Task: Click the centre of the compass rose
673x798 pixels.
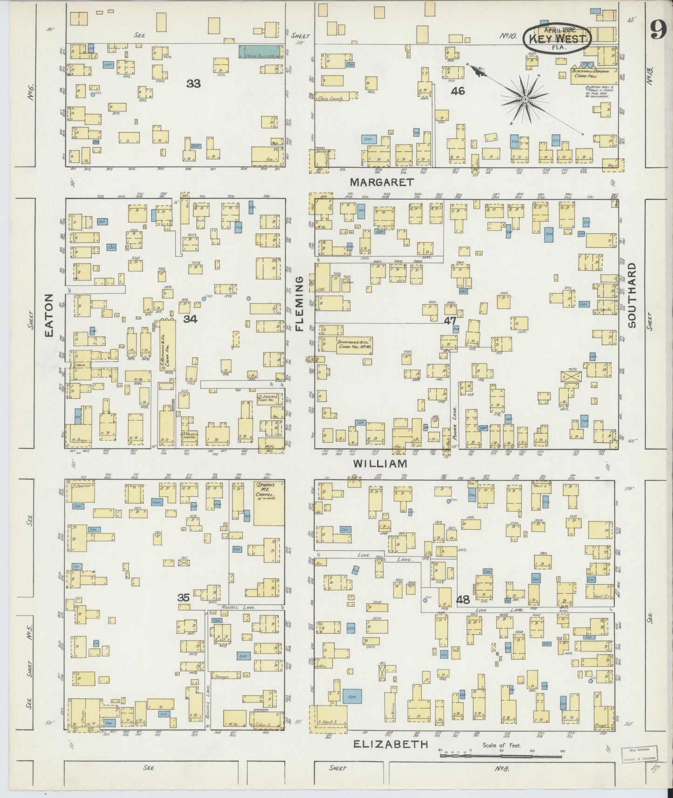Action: pos(525,99)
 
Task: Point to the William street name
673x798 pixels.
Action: pos(380,464)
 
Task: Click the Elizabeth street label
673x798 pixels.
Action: pos(390,744)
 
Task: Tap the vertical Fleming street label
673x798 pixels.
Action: pos(299,303)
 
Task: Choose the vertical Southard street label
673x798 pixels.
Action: pos(631,296)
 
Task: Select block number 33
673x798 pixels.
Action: pos(193,83)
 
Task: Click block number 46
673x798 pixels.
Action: pos(458,91)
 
